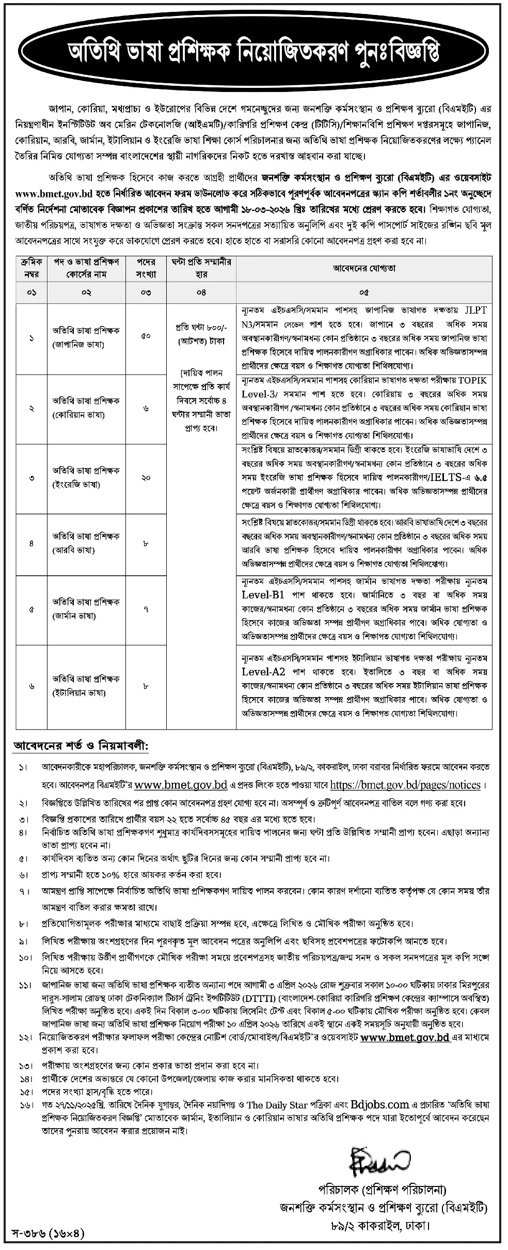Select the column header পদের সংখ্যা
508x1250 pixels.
pos(146,268)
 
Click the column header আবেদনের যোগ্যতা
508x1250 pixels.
pos(363,268)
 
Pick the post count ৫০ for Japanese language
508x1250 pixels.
pos(146,337)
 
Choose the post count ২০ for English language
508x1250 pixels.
pos(146,478)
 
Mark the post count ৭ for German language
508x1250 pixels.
pos(146,609)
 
